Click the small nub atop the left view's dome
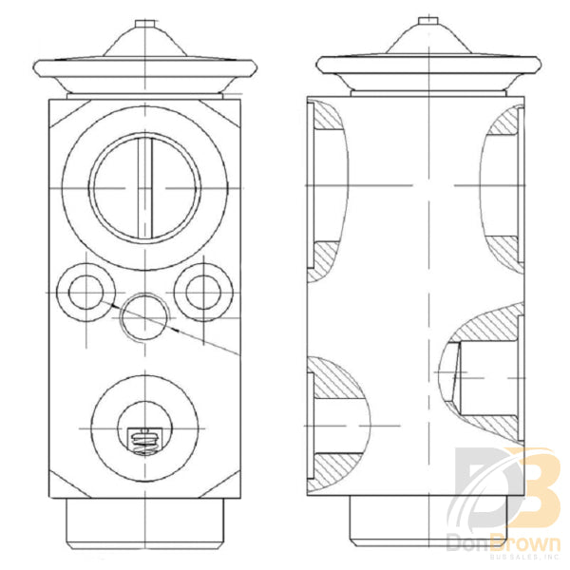[144, 22]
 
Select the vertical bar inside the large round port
[144, 188]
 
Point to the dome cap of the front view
[144, 45]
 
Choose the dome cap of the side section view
[428, 45]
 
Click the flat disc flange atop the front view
[144, 70]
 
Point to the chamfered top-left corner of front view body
[59, 112]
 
